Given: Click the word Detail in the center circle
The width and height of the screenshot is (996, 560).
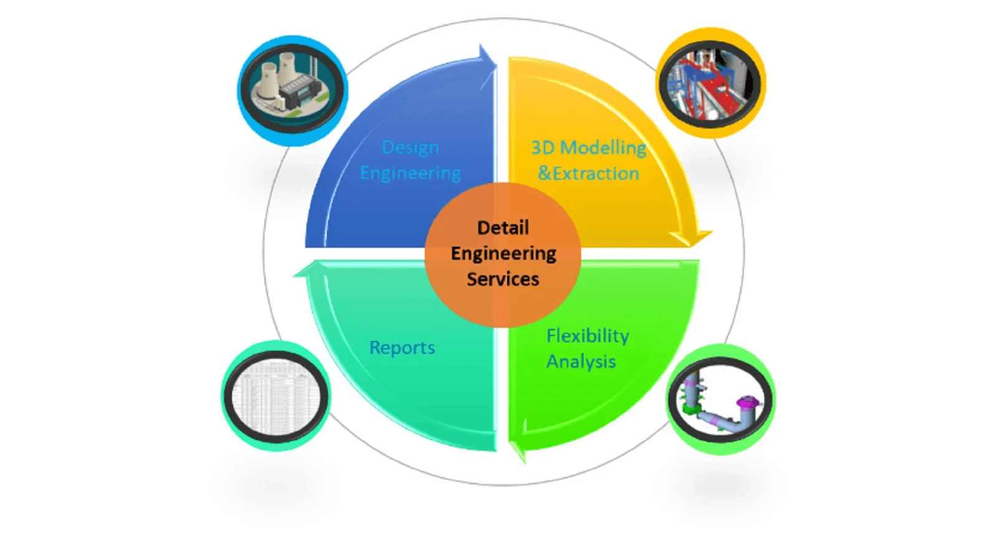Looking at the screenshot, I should (x=503, y=228).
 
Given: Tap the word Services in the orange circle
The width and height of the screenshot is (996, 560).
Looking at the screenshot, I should (x=503, y=279).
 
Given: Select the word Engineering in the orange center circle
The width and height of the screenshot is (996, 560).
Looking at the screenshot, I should (x=503, y=253).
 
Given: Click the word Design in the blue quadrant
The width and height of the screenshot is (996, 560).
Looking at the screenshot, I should (x=410, y=147).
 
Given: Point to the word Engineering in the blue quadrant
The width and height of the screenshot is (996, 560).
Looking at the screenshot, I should (x=410, y=173).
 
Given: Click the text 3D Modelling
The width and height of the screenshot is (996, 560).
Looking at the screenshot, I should (x=588, y=147).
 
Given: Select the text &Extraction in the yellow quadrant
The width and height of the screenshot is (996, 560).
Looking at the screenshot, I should (x=588, y=173).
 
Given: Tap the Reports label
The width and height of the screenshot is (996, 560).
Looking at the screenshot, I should (x=402, y=347).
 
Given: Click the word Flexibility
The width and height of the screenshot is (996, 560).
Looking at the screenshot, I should (x=588, y=336).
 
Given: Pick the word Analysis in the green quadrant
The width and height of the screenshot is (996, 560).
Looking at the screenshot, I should (x=581, y=362).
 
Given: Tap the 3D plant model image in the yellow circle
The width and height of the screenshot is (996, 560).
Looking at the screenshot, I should (x=710, y=83).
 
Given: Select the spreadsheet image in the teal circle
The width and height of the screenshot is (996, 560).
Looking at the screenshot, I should (x=276, y=396).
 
